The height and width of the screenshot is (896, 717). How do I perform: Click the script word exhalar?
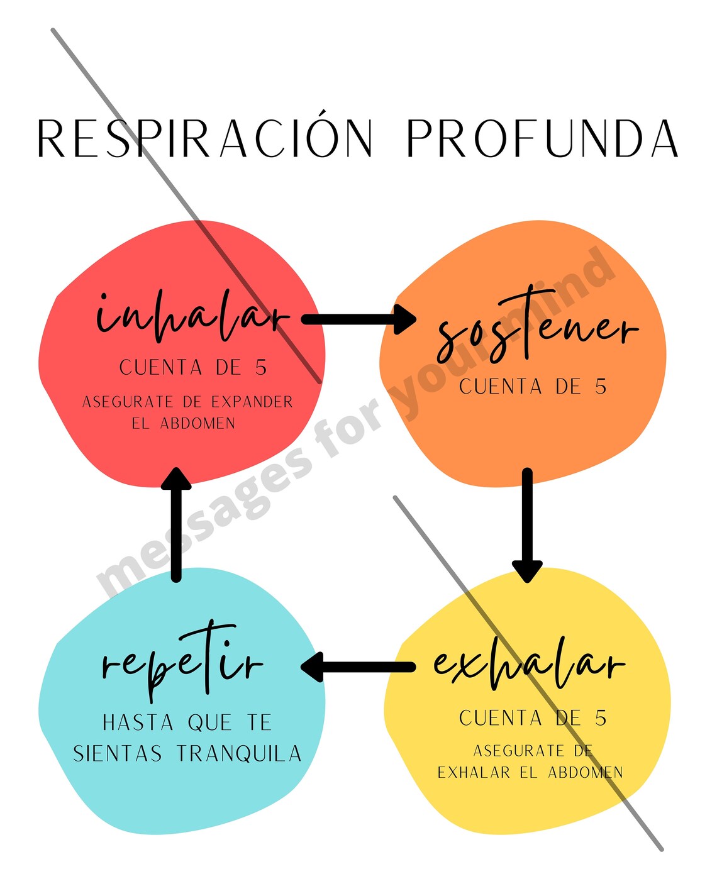tap(528, 664)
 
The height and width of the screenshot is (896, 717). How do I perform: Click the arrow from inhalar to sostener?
tap(358, 319)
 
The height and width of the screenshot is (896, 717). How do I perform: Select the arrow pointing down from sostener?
tap(527, 525)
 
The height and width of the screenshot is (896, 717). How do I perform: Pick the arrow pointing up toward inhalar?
tap(177, 525)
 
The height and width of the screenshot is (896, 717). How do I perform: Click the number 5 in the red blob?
tap(261, 368)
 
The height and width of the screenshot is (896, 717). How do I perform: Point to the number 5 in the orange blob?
tap(601, 387)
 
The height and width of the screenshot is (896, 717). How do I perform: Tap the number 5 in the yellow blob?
tap(601, 718)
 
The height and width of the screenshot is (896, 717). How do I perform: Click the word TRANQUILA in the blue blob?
tap(239, 753)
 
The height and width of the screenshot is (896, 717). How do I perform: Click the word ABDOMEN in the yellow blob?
tap(585, 772)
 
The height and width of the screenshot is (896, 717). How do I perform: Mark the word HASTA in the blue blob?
tap(138, 723)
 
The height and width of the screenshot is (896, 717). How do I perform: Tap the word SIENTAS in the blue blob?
tap(118, 753)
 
